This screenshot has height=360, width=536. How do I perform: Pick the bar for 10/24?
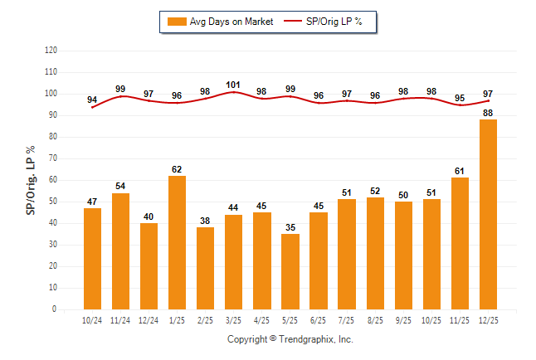click(x=92, y=258)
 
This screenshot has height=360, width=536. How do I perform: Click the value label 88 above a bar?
click(x=488, y=113)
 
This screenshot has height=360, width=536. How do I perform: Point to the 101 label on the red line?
click(x=233, y=84)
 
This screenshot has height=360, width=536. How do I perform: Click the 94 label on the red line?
click(x=92, y=100)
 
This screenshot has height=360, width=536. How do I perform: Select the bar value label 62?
click(x=177, y=169)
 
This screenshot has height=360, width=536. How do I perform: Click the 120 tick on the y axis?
click(x=51, y=50)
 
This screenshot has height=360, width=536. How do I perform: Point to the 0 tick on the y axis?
click(x=55, y=309)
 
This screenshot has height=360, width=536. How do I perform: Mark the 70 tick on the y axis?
click(x=52, y=158)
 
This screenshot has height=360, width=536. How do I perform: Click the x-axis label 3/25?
click(x=233, y=319)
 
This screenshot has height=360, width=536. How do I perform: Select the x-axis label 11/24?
click(x=120, y=319)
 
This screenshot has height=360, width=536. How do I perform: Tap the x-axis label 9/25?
click(x=402, y=319)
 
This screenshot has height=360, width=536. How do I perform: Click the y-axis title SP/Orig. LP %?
click(x=31, y=179)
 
